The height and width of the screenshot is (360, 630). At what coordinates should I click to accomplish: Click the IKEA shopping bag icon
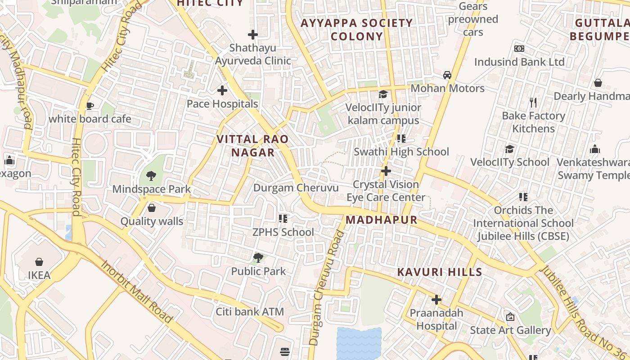pyautogui.click(x=39, y=262)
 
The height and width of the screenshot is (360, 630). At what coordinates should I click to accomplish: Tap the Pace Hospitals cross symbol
pyautogui.click(x=222, y=90)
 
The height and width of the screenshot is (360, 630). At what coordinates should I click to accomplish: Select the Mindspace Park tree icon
pyautogui.click(x=151, y=176)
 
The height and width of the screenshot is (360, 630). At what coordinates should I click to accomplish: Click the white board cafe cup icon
pyautogui.click(x=90, y=106)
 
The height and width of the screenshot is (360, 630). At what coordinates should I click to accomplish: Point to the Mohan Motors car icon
pyautogui.click(x=447, y=75)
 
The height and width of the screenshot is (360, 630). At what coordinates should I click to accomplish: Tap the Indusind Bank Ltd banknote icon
pyautogui.click(x=519, y=49)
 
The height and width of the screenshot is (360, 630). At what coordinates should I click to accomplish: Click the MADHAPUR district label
pyautogui.click(x=382, y=220)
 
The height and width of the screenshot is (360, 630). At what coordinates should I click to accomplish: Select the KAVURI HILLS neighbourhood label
pyautogui.click(x=440, y=272)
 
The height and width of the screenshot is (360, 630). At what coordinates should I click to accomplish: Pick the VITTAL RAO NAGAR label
pyautogui.click(x=252, y=146)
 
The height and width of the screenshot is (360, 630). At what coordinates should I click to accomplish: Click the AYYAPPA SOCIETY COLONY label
pyautogui.click(x=356, y=30)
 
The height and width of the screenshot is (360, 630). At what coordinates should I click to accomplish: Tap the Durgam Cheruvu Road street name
pyautogui.click(x=327, y=288)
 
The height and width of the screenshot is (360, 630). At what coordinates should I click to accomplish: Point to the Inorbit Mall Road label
pyautogui.click(x=137, y=291)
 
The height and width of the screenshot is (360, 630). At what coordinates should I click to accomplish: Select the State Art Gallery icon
pyautogui.click(x=510, y=317)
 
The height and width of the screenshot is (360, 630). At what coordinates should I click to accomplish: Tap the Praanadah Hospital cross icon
pyautogui.click(x=436, y=300)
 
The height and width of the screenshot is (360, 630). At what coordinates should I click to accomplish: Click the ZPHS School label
pyautogui.click(x=283, y=232)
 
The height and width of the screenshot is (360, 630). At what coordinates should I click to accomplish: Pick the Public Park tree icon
pyautogui.click(x=258, y=258)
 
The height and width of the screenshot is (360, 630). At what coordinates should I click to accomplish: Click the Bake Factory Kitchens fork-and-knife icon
pyautogui.click(x=533, y=103)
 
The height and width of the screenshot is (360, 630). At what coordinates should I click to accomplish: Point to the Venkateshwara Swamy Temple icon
pyautogui.click(x=594, y=149)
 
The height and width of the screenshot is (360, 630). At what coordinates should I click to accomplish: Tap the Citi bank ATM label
pyautogui.click(x=250, y=311)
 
